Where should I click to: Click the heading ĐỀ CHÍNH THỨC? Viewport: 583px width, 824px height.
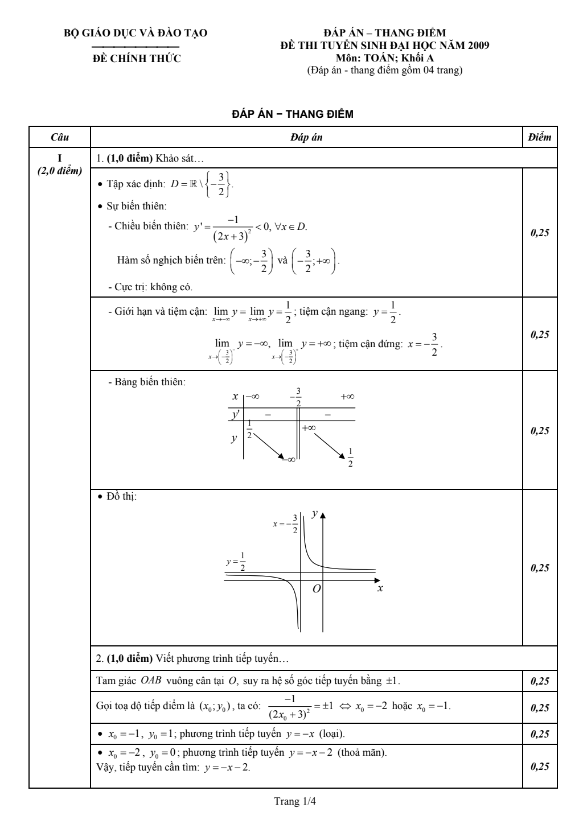[137, 58]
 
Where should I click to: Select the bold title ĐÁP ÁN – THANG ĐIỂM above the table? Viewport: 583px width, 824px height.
[293, 114]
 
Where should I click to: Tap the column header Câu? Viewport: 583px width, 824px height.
[60, 137]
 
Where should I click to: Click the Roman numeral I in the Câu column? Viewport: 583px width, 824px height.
[60, 158]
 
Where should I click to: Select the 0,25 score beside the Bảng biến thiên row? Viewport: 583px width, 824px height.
[539, 430]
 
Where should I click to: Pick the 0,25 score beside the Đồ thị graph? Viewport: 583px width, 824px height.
[539, 567]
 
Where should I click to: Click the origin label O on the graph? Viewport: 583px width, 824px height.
[317, 589]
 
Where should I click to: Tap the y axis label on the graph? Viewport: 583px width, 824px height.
[314, 514]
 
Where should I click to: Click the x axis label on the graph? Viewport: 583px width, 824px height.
[380, 588]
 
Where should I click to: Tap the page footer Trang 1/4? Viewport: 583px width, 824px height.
[295, 801]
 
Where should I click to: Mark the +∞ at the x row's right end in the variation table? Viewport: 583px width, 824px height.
[347, 397]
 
